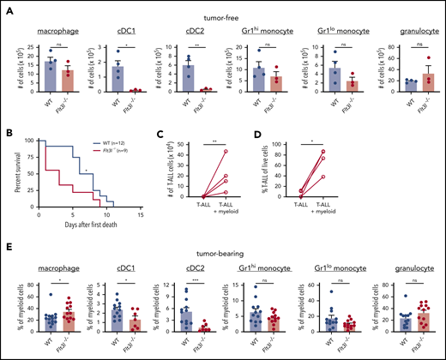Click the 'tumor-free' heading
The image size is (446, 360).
[225, 8]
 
